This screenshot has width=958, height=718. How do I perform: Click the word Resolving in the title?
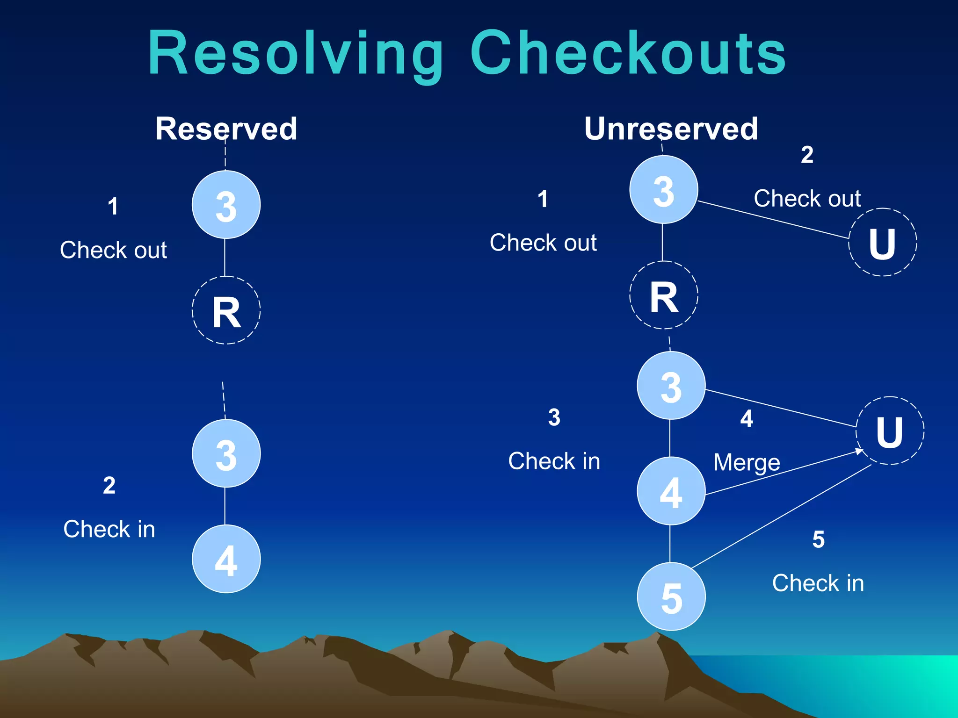click(x=296, y=54)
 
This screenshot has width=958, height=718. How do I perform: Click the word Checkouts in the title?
click(x=628, y=54)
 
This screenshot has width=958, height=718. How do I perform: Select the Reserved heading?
click(x=226, y=129)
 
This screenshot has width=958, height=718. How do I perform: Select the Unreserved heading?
click(x=671, y=129)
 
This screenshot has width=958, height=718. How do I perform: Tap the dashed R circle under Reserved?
click(x=226, y=310)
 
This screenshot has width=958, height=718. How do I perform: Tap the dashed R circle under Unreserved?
click(x=663, y=295)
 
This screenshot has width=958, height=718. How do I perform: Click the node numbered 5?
click(x=671, y=596)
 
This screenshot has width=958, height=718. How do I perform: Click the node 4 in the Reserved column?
click(x=226, y=559)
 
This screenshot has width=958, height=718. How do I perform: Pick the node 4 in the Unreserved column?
click(x=671, y=491)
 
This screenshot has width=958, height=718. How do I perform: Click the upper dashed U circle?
click(x=882, y=242)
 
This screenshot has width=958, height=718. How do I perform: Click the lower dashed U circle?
click(x=890, y=431)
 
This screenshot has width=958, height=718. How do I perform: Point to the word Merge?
click(x=747, y=463)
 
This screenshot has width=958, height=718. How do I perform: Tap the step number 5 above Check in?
click(x=818, y=539)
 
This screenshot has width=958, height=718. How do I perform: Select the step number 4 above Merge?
click(x=747, y=418)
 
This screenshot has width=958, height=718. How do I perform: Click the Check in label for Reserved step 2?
click(x=109, y=529)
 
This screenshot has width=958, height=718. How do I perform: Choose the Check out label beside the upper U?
click(x=807, y=199)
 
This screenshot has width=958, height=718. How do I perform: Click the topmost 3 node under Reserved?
click(x=226, y=205)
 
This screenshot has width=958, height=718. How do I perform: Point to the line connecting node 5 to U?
click(x=781, y=517)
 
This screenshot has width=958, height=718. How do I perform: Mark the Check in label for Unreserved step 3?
click(x=554, y=461)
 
